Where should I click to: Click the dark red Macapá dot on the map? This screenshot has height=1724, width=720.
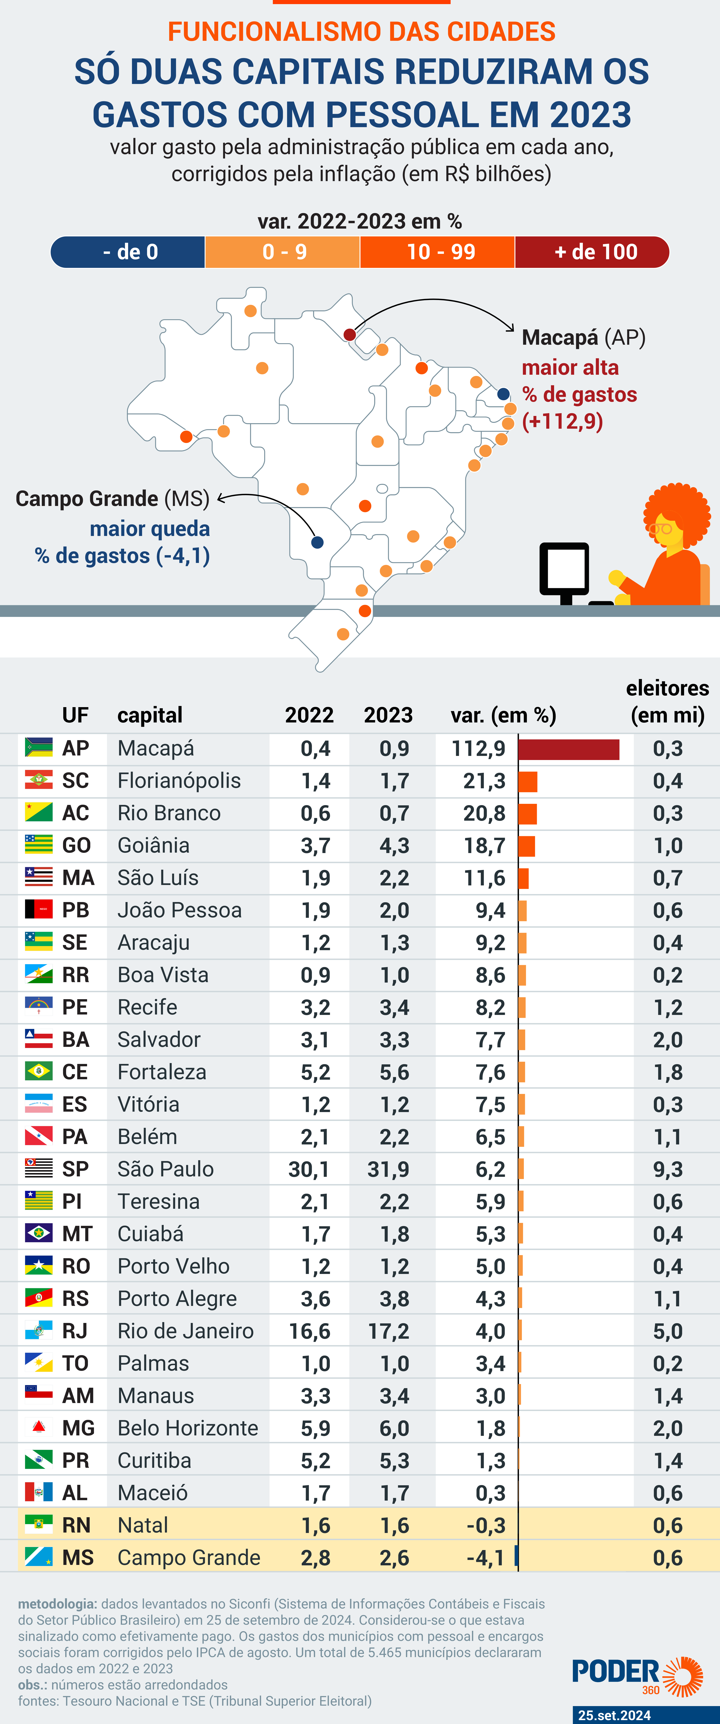[349, 334]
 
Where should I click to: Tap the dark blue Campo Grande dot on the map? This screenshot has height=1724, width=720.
[318, 542]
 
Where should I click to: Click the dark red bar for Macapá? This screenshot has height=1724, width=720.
[569, 749]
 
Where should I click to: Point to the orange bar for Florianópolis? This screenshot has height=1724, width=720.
[528, 781]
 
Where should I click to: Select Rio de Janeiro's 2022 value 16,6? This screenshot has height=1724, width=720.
[309, 1331]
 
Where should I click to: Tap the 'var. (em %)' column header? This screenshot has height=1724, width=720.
[503, 715]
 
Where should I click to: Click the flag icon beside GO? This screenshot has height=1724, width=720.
[39, 845]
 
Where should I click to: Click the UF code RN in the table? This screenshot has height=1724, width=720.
[76, 1525]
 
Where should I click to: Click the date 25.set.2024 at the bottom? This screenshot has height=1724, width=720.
[614, 1715]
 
